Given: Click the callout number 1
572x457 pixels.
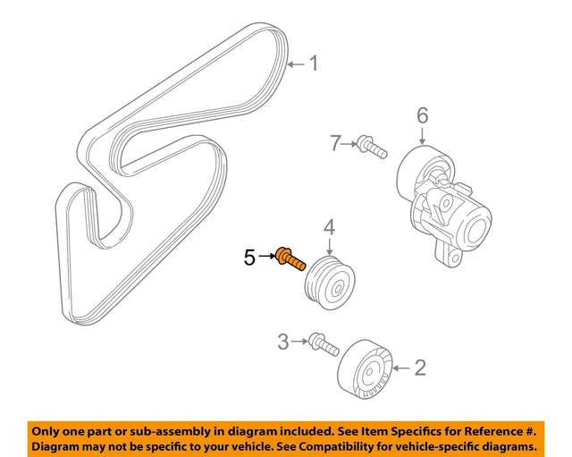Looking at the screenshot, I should pyautogui.click(x=313, y=63).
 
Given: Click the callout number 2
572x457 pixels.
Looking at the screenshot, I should pyautogui.click(x=420, y=367).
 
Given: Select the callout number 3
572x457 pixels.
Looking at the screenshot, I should pyautogui.click(x=282, y=341).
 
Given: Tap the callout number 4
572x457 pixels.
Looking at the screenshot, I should pyautogui.click(x=329, y=228).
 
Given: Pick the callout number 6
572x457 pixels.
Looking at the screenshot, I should pyautogui.click(x=423, y=114).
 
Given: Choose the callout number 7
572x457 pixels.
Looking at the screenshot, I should pyautogui.click(x=335, y=141).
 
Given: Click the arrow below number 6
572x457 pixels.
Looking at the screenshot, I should pyautogui.click(x=423, y=136).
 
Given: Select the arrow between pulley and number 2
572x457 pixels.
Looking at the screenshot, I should pyautogui.click(x=400, y=367).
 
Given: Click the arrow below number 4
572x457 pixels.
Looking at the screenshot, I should pyautogui.click(x=329, y=247).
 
